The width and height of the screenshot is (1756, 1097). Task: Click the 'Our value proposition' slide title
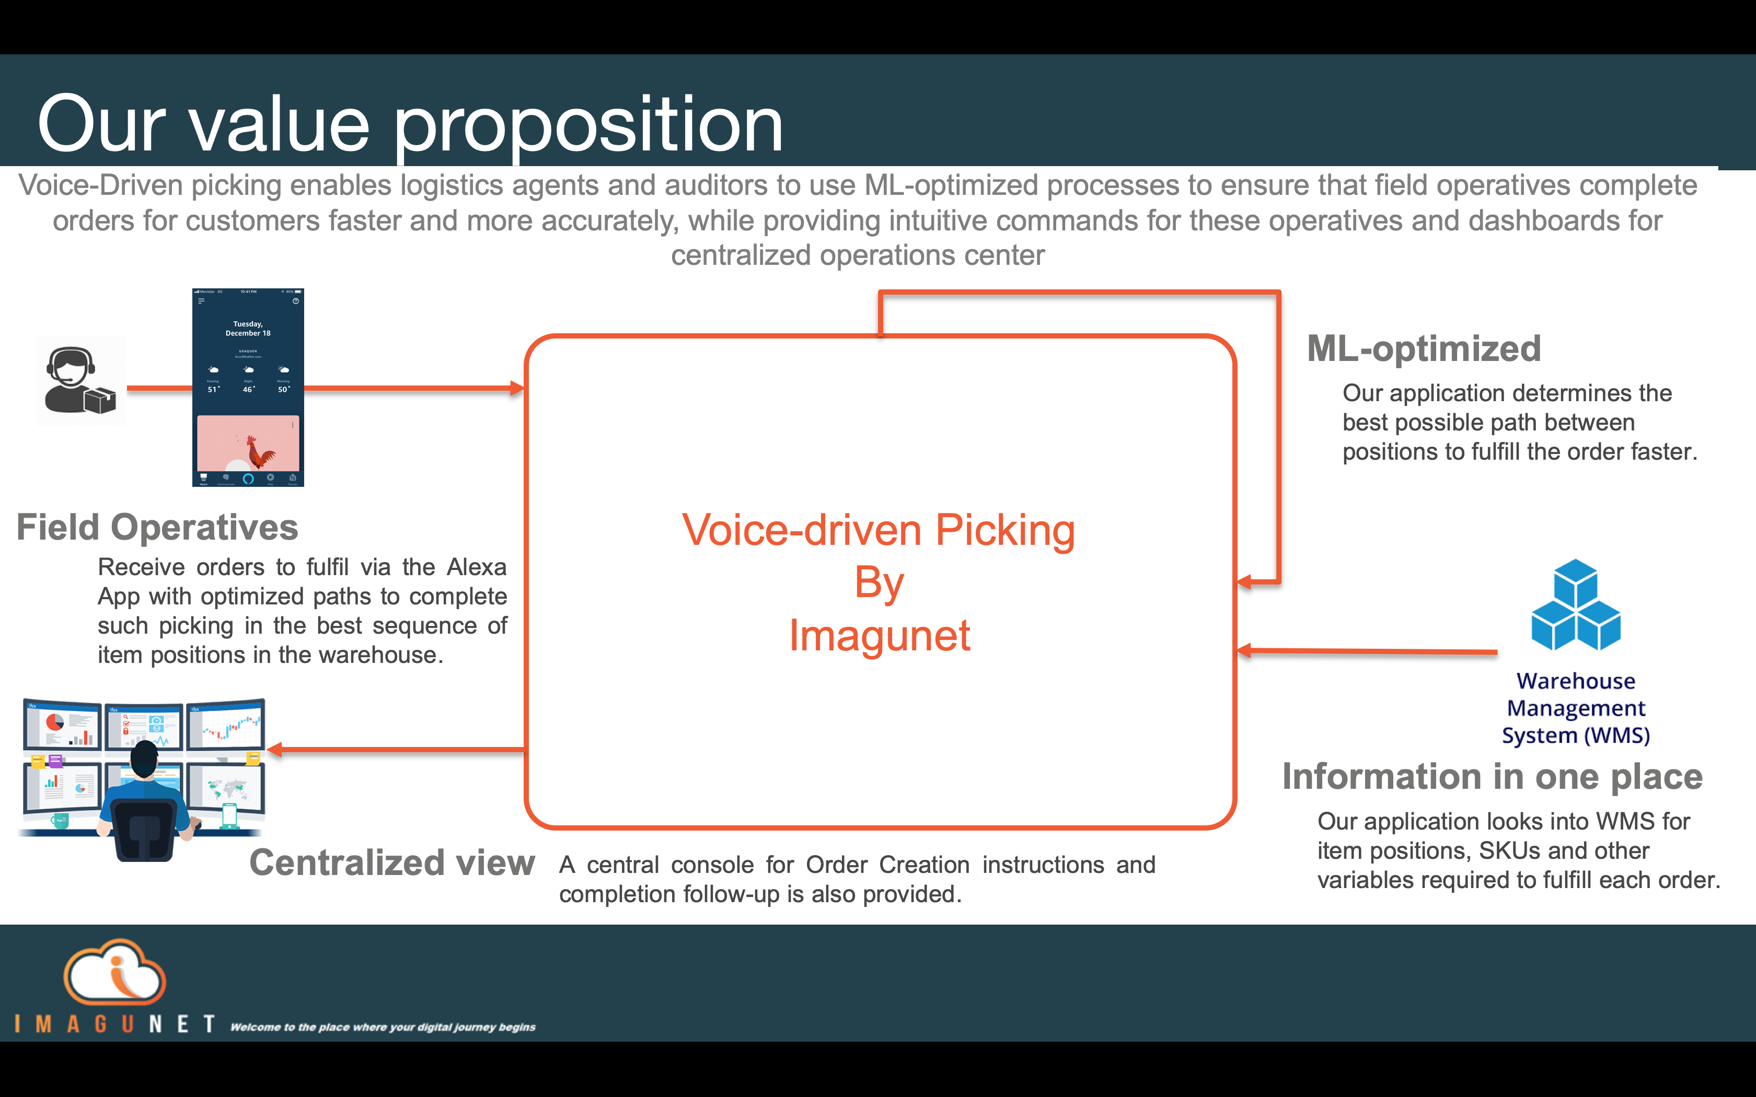(x=410, y=125)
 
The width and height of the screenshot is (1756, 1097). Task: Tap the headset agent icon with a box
(x=80, y=381)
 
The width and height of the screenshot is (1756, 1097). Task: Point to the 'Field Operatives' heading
(x=157, y=528)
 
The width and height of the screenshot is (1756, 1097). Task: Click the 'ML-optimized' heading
(x=1424, y=349)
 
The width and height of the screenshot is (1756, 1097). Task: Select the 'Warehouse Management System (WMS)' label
(x=1575, y=708)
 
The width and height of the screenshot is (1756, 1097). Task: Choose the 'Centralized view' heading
(x=392, y=862)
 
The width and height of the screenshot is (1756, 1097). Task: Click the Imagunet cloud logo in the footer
(x=114, y=972)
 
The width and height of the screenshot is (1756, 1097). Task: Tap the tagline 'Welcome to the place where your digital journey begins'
(x=383, y=1026)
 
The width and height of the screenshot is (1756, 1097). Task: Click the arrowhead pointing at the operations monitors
(x=275, y=750)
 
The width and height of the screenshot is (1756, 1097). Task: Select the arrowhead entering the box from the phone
(x=517, y=388)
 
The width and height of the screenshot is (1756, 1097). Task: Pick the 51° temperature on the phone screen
(x=213, y=390)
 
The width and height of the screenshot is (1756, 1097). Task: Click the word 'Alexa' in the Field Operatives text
(x=476, y=567)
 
